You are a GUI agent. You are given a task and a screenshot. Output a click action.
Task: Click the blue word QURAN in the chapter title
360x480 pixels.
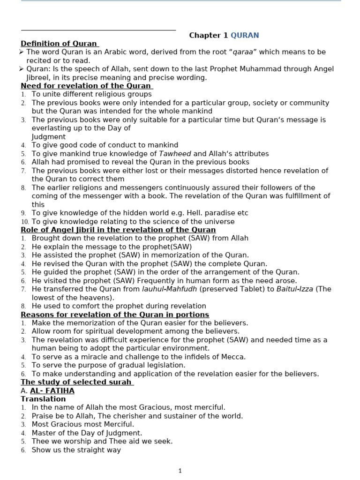pyautogui.click(x=245, y=36)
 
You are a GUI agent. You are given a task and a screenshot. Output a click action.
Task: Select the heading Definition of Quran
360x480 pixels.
pyautogui.click(x=59, y=44)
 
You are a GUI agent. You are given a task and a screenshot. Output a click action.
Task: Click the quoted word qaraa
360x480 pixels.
pyautogui.click(x=248, y=52)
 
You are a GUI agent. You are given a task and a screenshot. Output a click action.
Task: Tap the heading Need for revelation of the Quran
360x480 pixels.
pyautogui.click(x=86, y=86)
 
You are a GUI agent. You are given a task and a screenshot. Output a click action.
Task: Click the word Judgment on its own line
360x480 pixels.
pyautogui.click(x=49, y=137)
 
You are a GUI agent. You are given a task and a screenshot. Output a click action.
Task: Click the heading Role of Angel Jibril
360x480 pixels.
pyautogui.click(x=118, y=230)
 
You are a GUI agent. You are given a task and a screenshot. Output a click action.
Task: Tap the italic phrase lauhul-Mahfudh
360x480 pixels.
pyautogui.click(x=169, y=289)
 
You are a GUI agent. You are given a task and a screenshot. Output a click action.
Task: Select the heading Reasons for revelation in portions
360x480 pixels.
pyautogui.click(x=115, y=315)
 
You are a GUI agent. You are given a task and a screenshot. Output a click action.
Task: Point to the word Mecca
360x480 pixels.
pyautogui.click(x=234, y=357)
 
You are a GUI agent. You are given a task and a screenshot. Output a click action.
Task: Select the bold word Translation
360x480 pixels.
pyautogui.click(x=43, y=399)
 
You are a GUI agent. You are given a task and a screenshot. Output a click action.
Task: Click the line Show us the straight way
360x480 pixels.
pyautogui.click(x=76, y=450)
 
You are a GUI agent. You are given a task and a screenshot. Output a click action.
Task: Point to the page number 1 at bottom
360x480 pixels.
pyautogui.click(x=180, y=471)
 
